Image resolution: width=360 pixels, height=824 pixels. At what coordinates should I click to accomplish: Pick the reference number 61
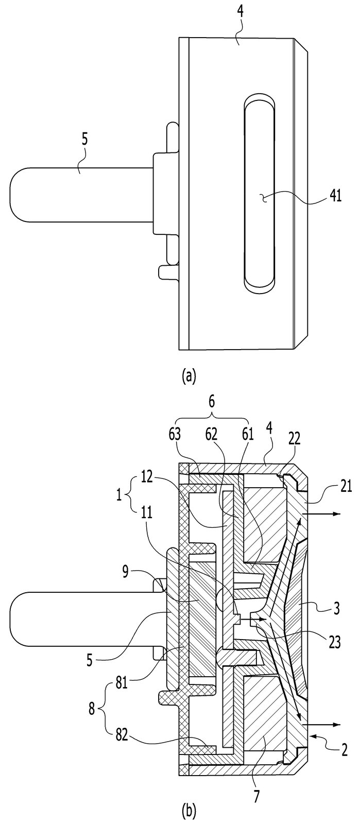pos(247,435)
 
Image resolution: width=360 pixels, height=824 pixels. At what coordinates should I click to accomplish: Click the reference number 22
pos(294,438)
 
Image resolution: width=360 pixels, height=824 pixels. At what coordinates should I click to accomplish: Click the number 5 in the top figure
pos(84,142)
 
